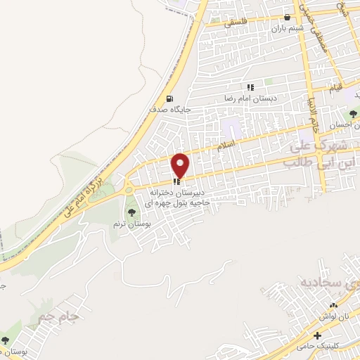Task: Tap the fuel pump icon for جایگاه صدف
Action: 169,98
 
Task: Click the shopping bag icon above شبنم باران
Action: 286,18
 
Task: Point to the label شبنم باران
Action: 287,29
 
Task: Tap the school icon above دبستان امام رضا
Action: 250,87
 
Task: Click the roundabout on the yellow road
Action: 129,188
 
